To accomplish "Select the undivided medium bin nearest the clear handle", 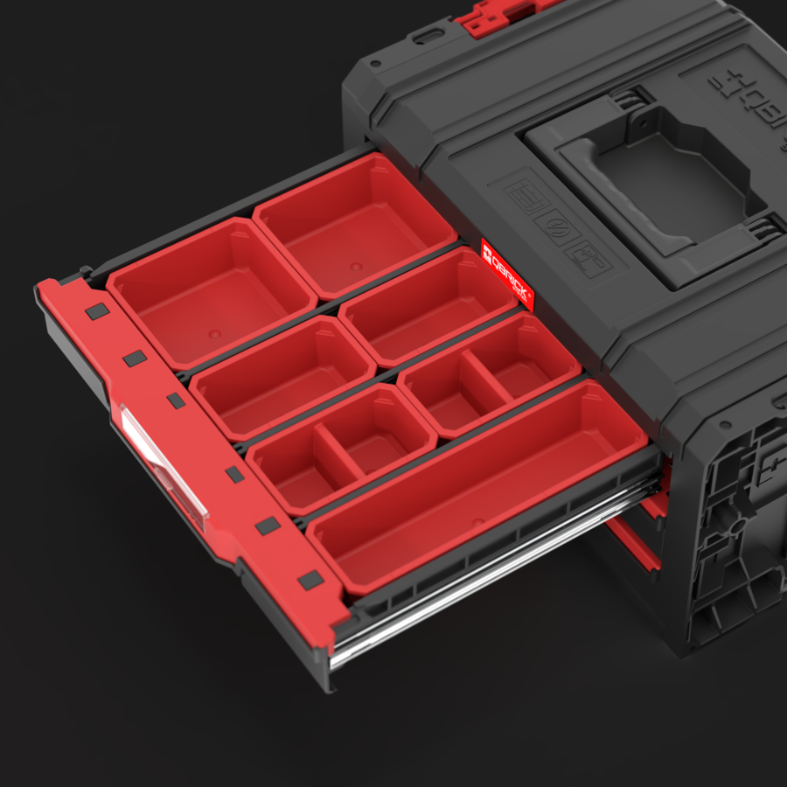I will (x=282, y=376).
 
